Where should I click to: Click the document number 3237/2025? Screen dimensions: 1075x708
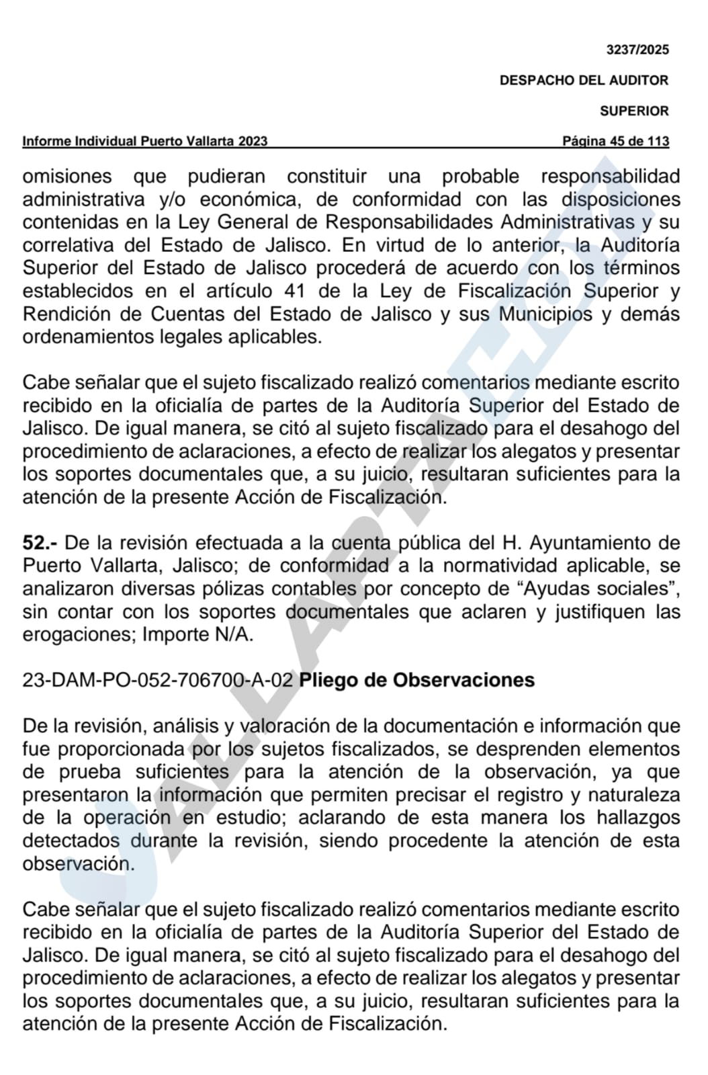[x=637, y=50]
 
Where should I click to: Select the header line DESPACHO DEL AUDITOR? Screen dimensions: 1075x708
[x=584, y=81]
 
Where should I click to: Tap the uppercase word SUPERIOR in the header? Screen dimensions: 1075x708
[x=634, y=112]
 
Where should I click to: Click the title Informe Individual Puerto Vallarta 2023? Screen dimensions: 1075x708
[x=145, y=142]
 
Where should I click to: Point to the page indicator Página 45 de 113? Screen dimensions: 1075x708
[x=615, y=142]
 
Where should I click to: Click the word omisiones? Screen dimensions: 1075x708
[x=67, y=177]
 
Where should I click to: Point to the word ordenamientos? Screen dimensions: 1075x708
[x=88, y=337]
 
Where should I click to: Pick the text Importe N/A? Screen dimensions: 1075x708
[x=197, y=634]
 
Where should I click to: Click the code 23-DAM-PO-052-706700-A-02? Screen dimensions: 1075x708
[x=158, y=681]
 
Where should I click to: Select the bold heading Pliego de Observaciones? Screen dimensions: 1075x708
[x=416, y=681]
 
